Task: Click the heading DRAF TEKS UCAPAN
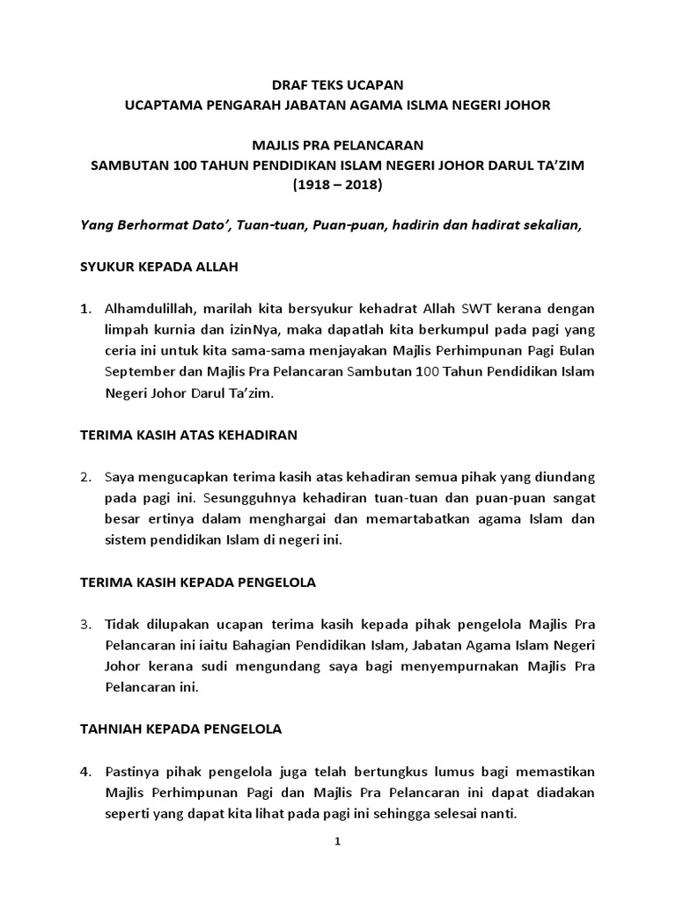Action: point(337,85)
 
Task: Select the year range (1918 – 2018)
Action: point(337,186)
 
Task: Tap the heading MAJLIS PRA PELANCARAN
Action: point(337,145)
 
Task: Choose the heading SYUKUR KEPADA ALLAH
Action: point(158,266)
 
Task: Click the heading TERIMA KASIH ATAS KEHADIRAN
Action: point(188,434)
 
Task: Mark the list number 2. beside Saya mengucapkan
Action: point(85,477)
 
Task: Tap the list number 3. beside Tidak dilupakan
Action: point(85,626)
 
